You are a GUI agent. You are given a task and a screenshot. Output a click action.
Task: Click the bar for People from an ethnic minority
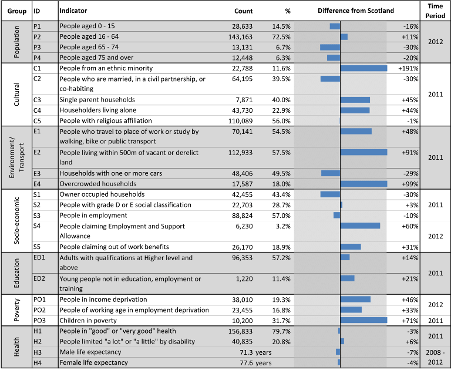[364, 68]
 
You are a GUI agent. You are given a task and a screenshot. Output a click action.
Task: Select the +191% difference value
[408, 69]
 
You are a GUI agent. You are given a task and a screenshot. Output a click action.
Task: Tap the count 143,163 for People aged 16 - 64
[240, 37]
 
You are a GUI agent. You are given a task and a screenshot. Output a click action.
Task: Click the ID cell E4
[37, 184]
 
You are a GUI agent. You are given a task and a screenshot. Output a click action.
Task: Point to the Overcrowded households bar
[364, 184]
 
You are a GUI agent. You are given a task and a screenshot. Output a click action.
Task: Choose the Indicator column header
[73, 11]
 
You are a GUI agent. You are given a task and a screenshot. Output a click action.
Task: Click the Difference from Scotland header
[356, 11]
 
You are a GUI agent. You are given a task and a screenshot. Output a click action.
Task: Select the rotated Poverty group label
[16, 310]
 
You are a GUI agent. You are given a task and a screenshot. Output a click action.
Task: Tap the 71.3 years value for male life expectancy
[255, 352]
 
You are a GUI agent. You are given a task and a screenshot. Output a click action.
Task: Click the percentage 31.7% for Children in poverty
[281, 321]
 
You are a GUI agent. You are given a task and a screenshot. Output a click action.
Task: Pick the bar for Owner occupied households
[330, 194]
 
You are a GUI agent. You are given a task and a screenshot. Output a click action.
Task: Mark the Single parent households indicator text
[97, 100]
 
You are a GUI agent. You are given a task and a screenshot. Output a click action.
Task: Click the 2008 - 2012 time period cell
[435, 357]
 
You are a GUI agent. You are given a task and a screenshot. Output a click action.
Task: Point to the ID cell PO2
[39, 310]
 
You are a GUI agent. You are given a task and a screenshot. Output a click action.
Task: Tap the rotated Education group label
[16, 273]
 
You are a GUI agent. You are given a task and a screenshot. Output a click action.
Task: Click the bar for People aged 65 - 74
[330, 47]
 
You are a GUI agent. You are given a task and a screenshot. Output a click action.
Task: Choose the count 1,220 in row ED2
[245, 279]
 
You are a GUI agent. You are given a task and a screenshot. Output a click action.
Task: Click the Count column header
[243, 11]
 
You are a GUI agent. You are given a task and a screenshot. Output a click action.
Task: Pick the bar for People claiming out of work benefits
[351, 247]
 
